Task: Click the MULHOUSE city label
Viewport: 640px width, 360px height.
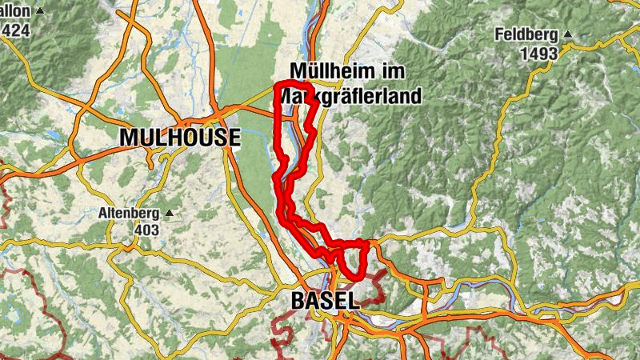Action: (x=180, y=138)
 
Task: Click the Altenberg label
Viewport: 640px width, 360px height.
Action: (x=130, y=214)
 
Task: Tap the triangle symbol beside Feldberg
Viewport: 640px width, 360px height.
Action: (x=567, y=34)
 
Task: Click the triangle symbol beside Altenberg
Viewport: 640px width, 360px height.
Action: (x=170, y=214)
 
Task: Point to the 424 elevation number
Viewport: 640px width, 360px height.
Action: (x=16, y=30)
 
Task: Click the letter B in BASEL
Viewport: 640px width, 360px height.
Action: (x=297, y=302)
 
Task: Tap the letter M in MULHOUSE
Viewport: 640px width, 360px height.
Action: (x=128, y=138)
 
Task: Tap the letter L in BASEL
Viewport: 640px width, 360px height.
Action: (x=353, y=302)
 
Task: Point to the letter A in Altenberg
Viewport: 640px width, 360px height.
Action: (x=102, y=214)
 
